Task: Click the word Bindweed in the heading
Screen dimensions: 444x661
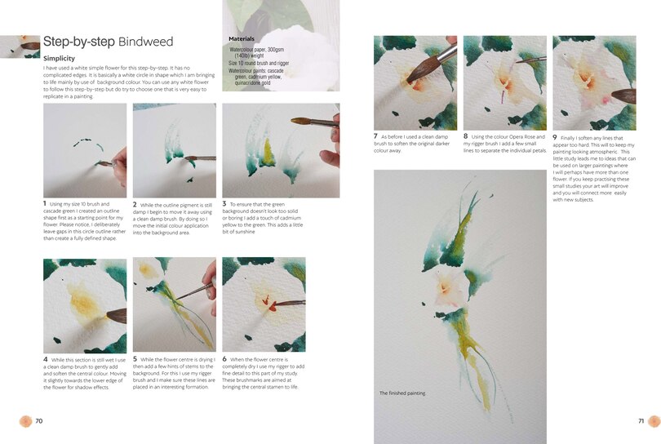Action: [145, 42]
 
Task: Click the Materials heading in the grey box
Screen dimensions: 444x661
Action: [242, 38]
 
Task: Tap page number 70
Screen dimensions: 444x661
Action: [38, 421]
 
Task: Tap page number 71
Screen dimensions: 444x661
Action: [641, 421]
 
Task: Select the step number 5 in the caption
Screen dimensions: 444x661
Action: [135, 358]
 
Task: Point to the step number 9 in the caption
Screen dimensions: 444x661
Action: [555, 137]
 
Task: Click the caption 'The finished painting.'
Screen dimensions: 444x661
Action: [401, 393]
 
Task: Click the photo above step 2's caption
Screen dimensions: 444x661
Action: [174, 150]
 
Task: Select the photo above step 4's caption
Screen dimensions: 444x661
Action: [84, 304]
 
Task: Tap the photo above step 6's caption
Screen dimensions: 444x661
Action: [264, 304]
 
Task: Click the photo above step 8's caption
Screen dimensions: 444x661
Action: [504, 82]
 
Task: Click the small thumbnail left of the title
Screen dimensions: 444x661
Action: [20, 47]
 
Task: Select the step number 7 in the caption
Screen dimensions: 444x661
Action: [375, 136]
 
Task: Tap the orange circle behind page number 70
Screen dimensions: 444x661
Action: [27, 421]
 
